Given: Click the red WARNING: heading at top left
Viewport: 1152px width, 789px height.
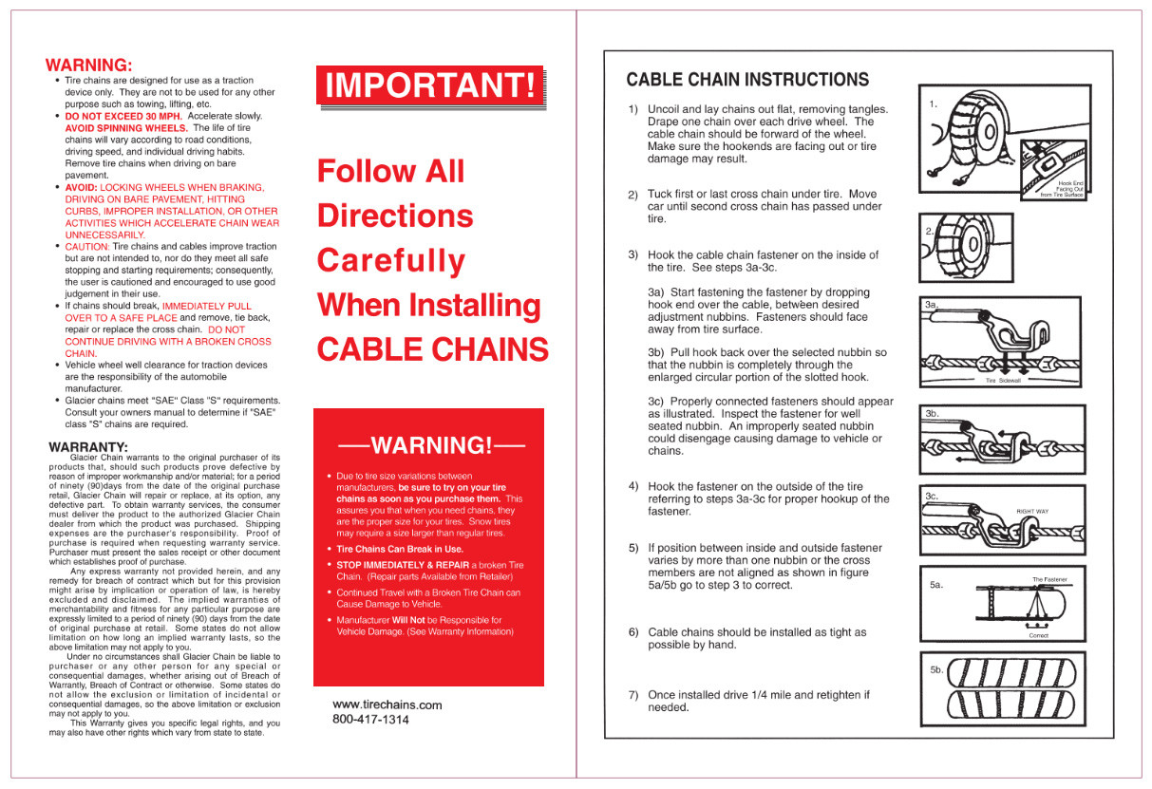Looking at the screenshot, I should pyautogui.click(x=88, y=66).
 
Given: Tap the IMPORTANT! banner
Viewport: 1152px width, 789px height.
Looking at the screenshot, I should pyautogui.click(x=430, y=85).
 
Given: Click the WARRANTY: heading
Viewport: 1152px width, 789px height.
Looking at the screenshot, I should pyautogui.click(x=88, y=446).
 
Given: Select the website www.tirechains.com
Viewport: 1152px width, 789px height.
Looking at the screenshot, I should pyautogui.click(x=387, y=704).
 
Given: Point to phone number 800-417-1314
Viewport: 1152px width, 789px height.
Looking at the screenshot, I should pyautogui.click(x=370, y=720).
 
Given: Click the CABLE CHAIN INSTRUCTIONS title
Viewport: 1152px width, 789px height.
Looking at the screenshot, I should pyautogui.click(x=747, y=80).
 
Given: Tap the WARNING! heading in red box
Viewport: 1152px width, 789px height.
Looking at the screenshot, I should pyautogui.click(x=430, y=445).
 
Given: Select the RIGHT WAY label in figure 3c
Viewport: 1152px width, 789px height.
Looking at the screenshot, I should pyautogui.click(x=1032, y=511).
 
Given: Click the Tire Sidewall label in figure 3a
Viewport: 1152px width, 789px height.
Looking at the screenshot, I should pyautogui.click(x=1003, y=380).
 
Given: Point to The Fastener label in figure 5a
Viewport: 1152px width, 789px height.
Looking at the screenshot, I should pyautogui.click(x=1049, y=579).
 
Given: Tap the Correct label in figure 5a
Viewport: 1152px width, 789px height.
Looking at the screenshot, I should pyautogui.click(x=1038, y=636).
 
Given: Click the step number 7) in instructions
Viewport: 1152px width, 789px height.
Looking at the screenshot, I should pyautogui.click(x=633, y=695).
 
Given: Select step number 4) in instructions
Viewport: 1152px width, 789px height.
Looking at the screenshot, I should pyautogui.click(x=633, y=486).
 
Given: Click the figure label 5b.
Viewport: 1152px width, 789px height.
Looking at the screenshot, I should pyautogui.click(x=936, y=669).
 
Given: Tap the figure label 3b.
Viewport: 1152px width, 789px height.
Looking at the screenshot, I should pyautogui.click(x=932, y=414).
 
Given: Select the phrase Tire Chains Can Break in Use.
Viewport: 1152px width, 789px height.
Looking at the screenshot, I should pyautogui.click(x=400, y=549).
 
